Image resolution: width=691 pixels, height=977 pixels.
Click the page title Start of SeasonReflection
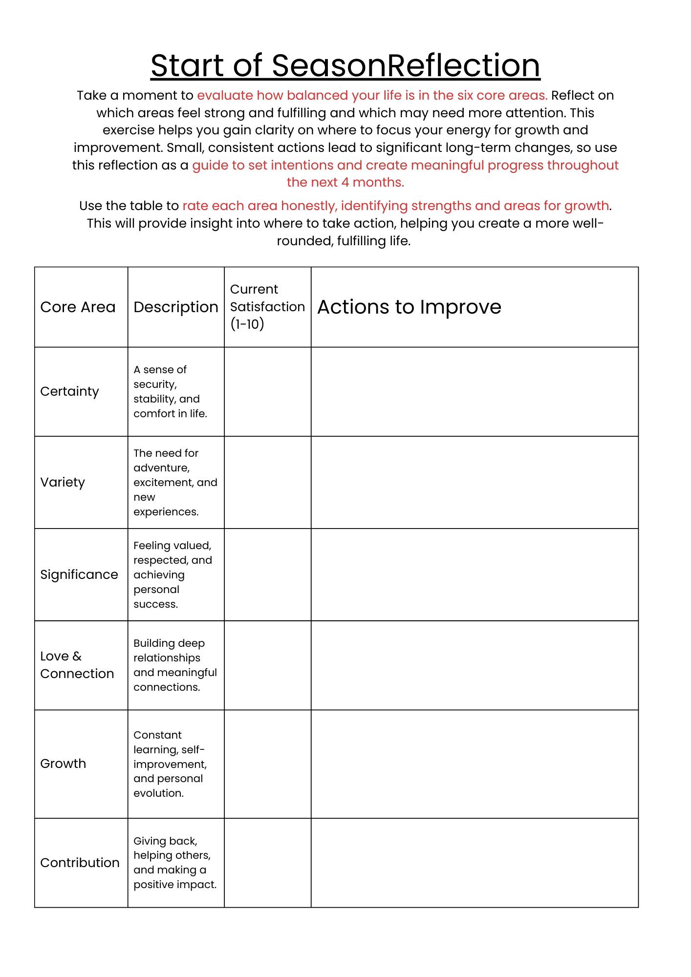(x=345, y=65)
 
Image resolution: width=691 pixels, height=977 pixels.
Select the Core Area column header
(x=78, y=307)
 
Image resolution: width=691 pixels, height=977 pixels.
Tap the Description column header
(x=175, y=307)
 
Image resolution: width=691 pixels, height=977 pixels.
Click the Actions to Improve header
(x=409, y=307)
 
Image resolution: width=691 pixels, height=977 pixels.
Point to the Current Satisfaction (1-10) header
(x=267, y=307)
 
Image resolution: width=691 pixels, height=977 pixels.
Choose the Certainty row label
(x=69, y=391)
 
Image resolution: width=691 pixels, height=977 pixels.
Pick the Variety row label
(x=63, y=482)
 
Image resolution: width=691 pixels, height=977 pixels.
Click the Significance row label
(x=79, y=574)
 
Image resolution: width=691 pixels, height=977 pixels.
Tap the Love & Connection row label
(x=77, y=665)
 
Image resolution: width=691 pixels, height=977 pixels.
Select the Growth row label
(x=63, y=764)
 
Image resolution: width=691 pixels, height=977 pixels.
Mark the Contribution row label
(x=80, y=863)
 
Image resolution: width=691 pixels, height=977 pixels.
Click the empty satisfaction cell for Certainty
(x=267, y=391)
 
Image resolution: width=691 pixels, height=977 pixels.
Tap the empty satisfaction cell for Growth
(x=267, y=764)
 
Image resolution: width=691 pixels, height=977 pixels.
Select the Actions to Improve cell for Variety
(x=475, y=482)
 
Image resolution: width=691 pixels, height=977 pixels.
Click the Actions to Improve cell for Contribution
(x=475, y=863)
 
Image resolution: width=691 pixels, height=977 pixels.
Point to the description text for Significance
(x=173, y=574)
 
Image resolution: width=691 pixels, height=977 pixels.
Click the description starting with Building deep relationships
(x=174, y=665)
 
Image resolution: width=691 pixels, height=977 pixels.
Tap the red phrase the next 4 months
(x=345, y=182)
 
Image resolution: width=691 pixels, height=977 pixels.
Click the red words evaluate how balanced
(x=254, y=95)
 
